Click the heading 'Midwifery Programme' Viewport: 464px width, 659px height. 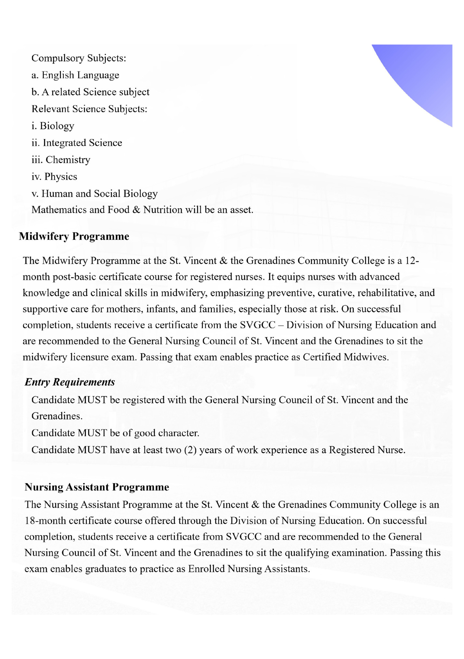(74, 237)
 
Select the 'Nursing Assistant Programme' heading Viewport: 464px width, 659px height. (97, 487)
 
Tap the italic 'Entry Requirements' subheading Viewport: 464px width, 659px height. (70, 382)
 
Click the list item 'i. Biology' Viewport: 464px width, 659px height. (53, 126)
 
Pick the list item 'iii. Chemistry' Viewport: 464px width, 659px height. (61, 160)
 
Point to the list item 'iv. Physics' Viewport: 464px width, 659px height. (54, 176)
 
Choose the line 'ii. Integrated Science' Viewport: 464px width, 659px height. (77, 143)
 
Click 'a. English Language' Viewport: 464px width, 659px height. (75, 75)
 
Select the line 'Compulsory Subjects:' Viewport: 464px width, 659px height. (79, 58)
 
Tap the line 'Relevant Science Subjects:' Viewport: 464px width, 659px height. (89, 109)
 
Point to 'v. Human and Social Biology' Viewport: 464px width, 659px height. (95, 194)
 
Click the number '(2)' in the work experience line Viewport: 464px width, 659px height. (190, 450)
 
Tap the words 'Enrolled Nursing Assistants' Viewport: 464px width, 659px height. (249, 569)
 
